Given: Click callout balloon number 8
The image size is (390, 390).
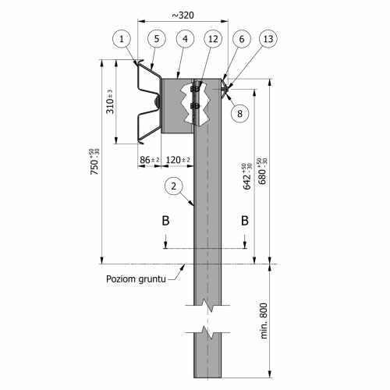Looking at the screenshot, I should point(240,112).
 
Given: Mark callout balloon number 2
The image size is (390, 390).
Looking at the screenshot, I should point(175,185).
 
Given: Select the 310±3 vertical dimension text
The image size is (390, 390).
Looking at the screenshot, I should point(111,102).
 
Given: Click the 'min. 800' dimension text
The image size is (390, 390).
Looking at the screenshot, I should point(264,320).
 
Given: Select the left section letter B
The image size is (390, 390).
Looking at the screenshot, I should point(165,221).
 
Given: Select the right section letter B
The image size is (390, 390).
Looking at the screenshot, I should point(245,221).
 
